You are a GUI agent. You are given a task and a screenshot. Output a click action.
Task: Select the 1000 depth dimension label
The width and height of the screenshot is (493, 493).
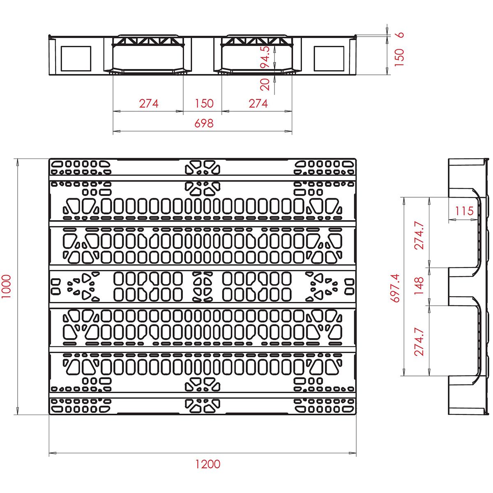pyautogui.click(x=6, y=286)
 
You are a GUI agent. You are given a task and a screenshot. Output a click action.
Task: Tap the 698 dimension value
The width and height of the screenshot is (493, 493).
pyautogui.click(x=204, y=123)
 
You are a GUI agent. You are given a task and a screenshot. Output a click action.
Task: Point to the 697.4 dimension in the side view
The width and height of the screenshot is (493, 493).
pyautogui.click(x=395, y=288)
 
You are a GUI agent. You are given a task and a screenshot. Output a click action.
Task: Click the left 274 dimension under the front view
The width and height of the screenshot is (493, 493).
pyautogui.click(x=149, y=104)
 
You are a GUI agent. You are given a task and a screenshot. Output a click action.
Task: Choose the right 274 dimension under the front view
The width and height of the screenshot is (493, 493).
pyautogui.click(x=258, y=104)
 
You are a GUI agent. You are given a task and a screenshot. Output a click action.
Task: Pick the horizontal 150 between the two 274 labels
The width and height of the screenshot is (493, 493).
pyautogui.click(x=204, y=104)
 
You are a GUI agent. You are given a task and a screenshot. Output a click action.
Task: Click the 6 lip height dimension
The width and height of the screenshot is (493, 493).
pyautogui.click(x=401, y=35)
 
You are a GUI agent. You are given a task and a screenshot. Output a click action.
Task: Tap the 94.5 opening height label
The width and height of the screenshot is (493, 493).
pyautogui.click(x=265, y=57)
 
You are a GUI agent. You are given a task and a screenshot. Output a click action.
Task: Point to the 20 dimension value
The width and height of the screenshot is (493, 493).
pyautogui.click(x=265, y=85)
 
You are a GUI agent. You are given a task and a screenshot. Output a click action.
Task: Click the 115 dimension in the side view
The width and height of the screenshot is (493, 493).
pyautogui.click(x=464, y=211)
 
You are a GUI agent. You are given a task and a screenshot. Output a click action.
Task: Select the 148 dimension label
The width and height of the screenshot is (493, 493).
pyautogui.click(x=419, y=286)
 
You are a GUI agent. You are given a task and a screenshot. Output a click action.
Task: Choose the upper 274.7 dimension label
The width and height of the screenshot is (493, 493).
pyautogui.click(x=419, y=235)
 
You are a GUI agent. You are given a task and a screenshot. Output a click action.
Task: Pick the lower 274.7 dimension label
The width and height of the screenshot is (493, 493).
pyautogui.click(x=419, y=341)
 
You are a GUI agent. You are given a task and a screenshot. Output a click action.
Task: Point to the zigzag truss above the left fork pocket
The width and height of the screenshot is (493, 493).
pyautogui.click(x=148, y=41)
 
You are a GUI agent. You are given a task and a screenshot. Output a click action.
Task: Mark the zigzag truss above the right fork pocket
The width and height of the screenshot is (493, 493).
pyautogui.click(x=257, y=41)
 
